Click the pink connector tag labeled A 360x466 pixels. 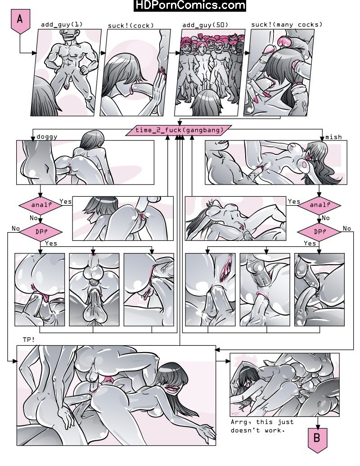[x=20, y=21]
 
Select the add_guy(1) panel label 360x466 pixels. [x=62, y=24]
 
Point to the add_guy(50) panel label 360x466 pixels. [x=205, y=25]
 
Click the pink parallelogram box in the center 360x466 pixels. [x=179, y=130]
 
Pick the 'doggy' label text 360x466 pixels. [x=47, y=137]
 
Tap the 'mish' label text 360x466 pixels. [x=333, y=137]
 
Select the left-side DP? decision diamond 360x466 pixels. [x=40, y=231]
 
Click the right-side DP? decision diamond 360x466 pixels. [x=319, y=231]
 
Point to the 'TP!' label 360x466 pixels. [x=29, y=339]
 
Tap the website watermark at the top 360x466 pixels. [x=190, y=5]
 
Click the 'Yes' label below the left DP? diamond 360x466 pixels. [x=51, y=244]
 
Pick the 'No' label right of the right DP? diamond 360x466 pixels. [x=347, y=228]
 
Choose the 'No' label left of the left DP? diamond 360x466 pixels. [x=16, y=228]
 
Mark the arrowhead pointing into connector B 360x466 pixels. [x=318, y=426]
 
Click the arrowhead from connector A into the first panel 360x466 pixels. [x=34, y=53]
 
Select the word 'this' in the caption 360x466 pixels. [x=264, y=422]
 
